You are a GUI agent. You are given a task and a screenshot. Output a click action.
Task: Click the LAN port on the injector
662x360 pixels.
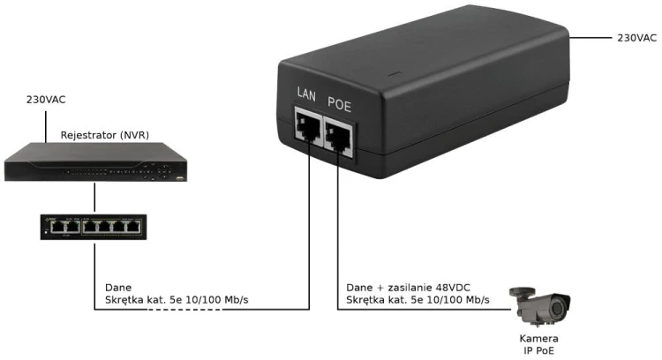coord(308,126)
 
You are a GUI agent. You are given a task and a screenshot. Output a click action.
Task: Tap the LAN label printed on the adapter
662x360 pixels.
coord(306,94)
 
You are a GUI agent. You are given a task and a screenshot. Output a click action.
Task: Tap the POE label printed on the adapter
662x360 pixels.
coord(340,104)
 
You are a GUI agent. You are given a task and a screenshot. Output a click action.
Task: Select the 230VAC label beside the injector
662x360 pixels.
coord(636,38)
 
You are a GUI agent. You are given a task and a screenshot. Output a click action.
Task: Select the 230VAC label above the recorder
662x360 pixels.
coord(46,100)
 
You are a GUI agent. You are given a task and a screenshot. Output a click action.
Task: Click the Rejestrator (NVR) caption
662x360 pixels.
coord(105,135)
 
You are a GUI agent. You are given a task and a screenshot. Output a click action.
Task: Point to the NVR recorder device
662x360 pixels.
coord(96,162)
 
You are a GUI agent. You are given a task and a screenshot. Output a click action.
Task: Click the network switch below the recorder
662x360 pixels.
coord(94,227)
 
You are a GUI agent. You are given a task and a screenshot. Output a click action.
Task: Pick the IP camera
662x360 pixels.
coord(540,306)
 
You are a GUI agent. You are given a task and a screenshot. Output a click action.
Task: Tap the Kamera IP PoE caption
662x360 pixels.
coord(538,344)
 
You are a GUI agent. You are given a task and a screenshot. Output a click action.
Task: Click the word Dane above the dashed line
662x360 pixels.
coord(118,288)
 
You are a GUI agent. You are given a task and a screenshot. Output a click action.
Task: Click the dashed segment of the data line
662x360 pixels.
coord(184,310)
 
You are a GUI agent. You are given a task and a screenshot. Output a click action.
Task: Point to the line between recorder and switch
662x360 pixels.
coord(94,197)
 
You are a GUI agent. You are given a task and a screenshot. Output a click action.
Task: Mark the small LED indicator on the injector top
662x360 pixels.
coord(395,75)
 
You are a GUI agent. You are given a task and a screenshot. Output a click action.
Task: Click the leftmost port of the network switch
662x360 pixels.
coord(57,227)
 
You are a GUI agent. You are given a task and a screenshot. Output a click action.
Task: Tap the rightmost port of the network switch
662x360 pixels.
coord(133,227)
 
